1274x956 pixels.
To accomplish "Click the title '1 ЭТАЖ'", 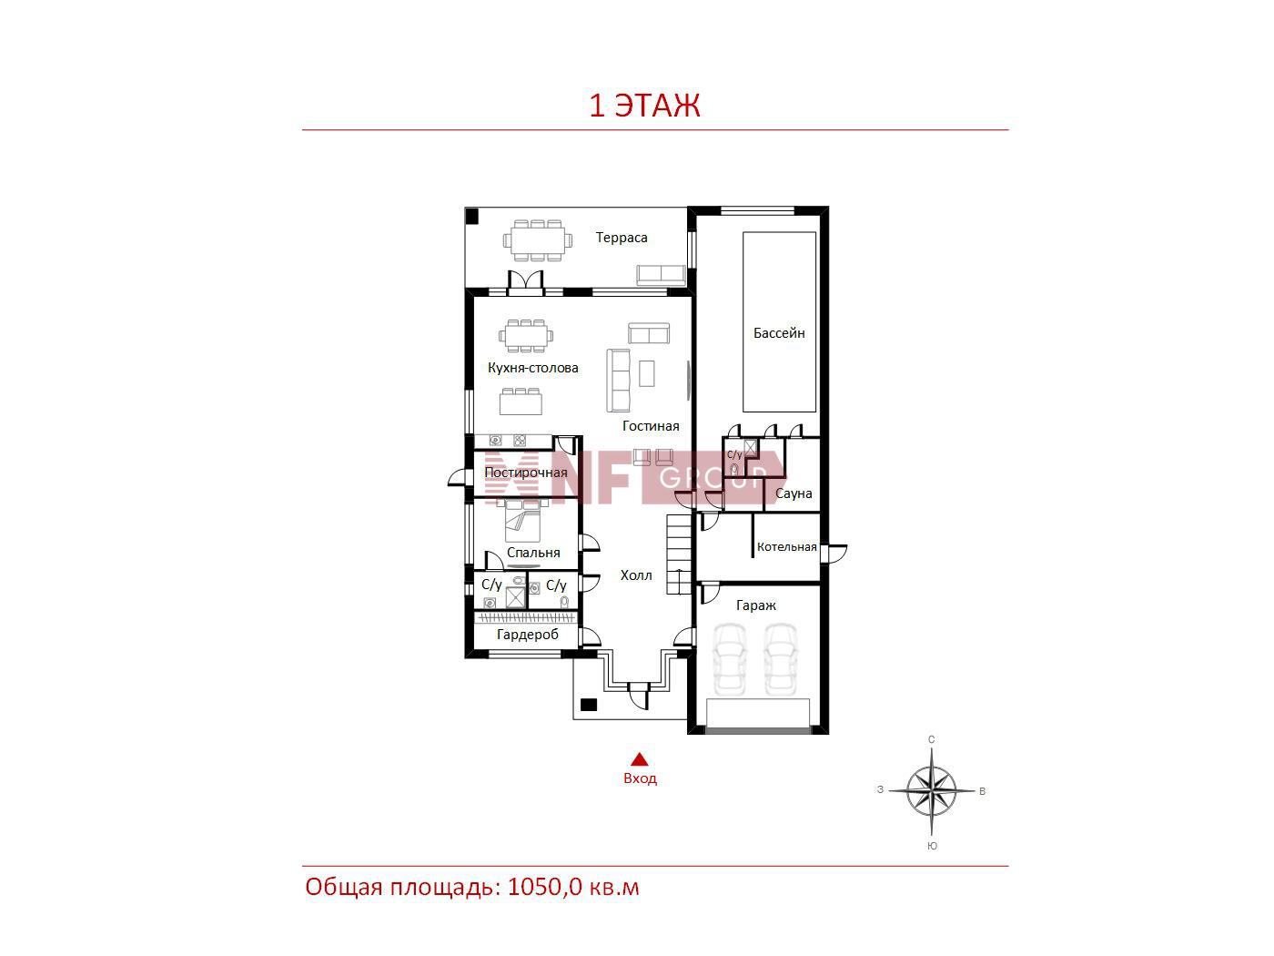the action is pyautogui.click(x=644, y=106).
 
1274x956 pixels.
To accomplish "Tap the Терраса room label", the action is pyautogui.click(x=621, y=238).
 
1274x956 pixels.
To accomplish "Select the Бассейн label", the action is pyautogui.click(x=779, y=333).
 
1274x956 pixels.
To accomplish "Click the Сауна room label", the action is pyautogui.click(x=794, y=493).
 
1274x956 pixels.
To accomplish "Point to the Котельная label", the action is pyautogui.click(x=786, y=547).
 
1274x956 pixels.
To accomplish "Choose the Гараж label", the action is pyautogui.click(x=755, y=605).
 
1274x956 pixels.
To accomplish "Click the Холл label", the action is pyautogui.click(x=636, y=575).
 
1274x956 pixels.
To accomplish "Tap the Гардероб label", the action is pyautogui.click(x=528, y=635).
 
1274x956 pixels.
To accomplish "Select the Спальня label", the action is pyautogui.click(x=533, y=553).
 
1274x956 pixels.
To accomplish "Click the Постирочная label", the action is pyautogui.click(x=526, y=473).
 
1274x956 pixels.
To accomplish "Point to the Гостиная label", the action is pyautogui.click(x=651, y=426).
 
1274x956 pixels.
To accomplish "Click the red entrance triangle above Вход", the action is pyautogui.click(x=640, y=759).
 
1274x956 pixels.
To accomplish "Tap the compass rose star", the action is pyautogui.click(x=932, y=790).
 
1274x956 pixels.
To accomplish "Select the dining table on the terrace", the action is pyautogui.click(x=538, y=240).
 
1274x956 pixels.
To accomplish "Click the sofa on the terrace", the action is pyautogui.click(x=661, y=275).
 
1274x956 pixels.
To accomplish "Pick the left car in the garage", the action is pyautogui.click(x=729, y=659).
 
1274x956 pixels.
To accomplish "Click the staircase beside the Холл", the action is pyautogui.click(x=679, y=554).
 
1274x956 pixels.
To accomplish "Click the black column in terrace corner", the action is pyautogui.click(x=472, y=216).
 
